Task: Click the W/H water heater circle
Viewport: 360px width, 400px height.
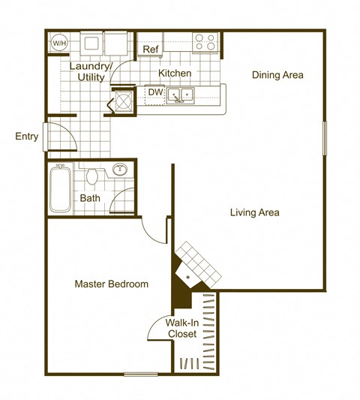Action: [x=58, y=44]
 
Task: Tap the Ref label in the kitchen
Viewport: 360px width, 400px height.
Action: [x=150, y=50]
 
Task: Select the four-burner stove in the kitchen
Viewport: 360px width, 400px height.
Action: [x=205, y=42]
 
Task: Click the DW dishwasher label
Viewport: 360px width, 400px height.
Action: [x=155, y=92]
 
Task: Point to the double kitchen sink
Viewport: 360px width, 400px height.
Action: [x=180, y=95]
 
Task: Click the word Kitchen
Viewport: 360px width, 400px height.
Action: [x=175, y=74]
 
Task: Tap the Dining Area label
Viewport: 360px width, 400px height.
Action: [x=277, y=74]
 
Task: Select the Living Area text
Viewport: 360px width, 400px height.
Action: [x=254, y=212]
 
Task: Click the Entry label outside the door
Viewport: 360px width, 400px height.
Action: [x=26, y=137]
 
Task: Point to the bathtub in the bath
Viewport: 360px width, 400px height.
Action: [x=61, y=188]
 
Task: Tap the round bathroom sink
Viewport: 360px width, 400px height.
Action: [x=119, y=169]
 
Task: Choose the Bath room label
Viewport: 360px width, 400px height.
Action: [x=90, y=199]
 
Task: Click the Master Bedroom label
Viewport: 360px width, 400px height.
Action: [x=111, y=284]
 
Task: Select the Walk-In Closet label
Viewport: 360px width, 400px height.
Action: [x=181, y=329]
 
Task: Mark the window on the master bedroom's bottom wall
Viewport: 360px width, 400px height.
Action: [x=141, y=374]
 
